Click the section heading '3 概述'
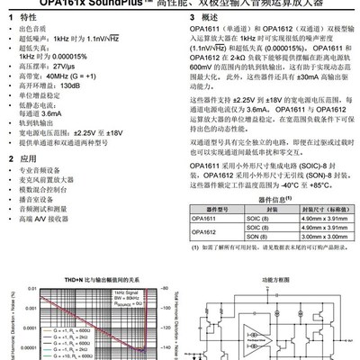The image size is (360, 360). point(209,18)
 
